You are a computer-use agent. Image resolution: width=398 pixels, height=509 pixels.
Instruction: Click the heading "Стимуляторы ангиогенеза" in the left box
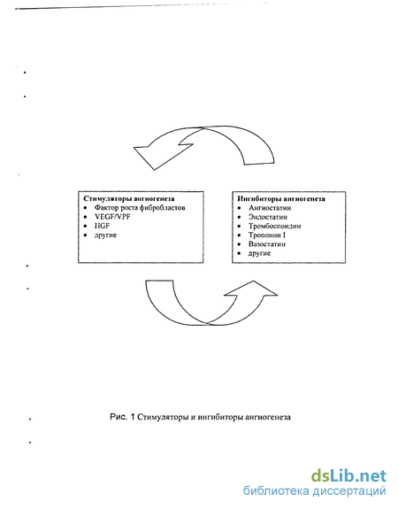click(129, 198)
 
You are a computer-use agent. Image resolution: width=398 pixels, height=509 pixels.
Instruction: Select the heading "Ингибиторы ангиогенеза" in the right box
click(281, 198)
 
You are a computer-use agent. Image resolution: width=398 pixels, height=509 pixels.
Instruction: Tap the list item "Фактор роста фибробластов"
click(140, 208)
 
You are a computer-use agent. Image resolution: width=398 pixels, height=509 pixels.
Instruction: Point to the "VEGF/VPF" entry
click(112, 217)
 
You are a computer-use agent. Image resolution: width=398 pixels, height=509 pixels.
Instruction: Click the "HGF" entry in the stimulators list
click(103, 226)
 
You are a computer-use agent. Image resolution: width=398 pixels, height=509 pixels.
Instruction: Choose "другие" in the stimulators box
click(105, 235)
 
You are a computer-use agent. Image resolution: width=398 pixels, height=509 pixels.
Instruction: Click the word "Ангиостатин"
click(270, 208)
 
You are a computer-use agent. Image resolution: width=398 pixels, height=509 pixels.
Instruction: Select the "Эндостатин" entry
click(268, 217)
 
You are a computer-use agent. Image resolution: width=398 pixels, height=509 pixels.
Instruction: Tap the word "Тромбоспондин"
click(275, 226)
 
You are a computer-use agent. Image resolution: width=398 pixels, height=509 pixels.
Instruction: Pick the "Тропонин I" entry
click(267, 235)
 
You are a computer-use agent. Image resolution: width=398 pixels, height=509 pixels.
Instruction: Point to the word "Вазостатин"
click(267, 244)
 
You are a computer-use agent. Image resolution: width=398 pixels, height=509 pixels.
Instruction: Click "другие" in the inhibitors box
click(259, 253)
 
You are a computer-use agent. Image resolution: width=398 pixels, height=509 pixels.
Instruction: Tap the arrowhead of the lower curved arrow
click(251, 289)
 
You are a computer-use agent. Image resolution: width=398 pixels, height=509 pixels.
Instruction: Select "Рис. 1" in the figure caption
click(122, 417)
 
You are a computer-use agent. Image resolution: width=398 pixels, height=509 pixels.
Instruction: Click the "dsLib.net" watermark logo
click(348, 476)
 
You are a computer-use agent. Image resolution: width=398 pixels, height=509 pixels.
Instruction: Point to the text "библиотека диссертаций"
click(314, 490)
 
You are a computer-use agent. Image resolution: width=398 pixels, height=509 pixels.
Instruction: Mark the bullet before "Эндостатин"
click(240, 217)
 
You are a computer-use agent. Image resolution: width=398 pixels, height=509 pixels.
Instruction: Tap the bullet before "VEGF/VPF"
click(85, 217)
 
